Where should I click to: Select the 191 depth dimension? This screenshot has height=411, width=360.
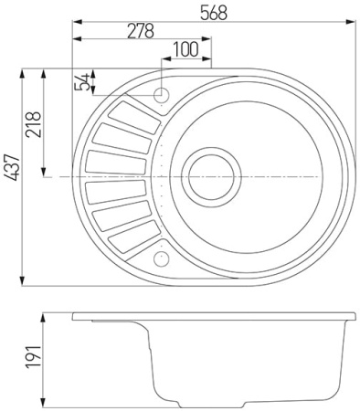(33, 360)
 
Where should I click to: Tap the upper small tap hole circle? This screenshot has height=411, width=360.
(162, 94)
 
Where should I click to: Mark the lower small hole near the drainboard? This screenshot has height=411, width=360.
(162, 258)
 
